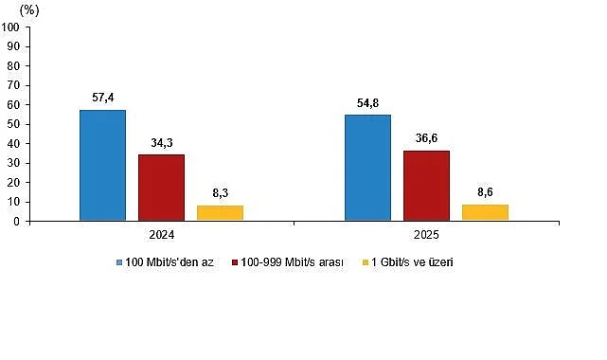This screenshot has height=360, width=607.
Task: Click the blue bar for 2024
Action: [x=102, y=166]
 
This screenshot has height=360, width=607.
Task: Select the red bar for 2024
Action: [x=161, y=188]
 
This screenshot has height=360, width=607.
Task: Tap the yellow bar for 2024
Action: [x=220, y=213]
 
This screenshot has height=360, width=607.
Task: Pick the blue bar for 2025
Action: [x=367, y=168]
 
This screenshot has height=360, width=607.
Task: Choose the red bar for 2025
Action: [x=426, y=186]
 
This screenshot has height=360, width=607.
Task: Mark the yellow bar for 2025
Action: [x=485, y=212]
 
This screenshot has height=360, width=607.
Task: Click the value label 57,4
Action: [x=102, y=99]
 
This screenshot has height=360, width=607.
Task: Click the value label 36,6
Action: [x=426, y=139]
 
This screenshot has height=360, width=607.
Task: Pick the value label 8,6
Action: [x=485, y=193]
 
